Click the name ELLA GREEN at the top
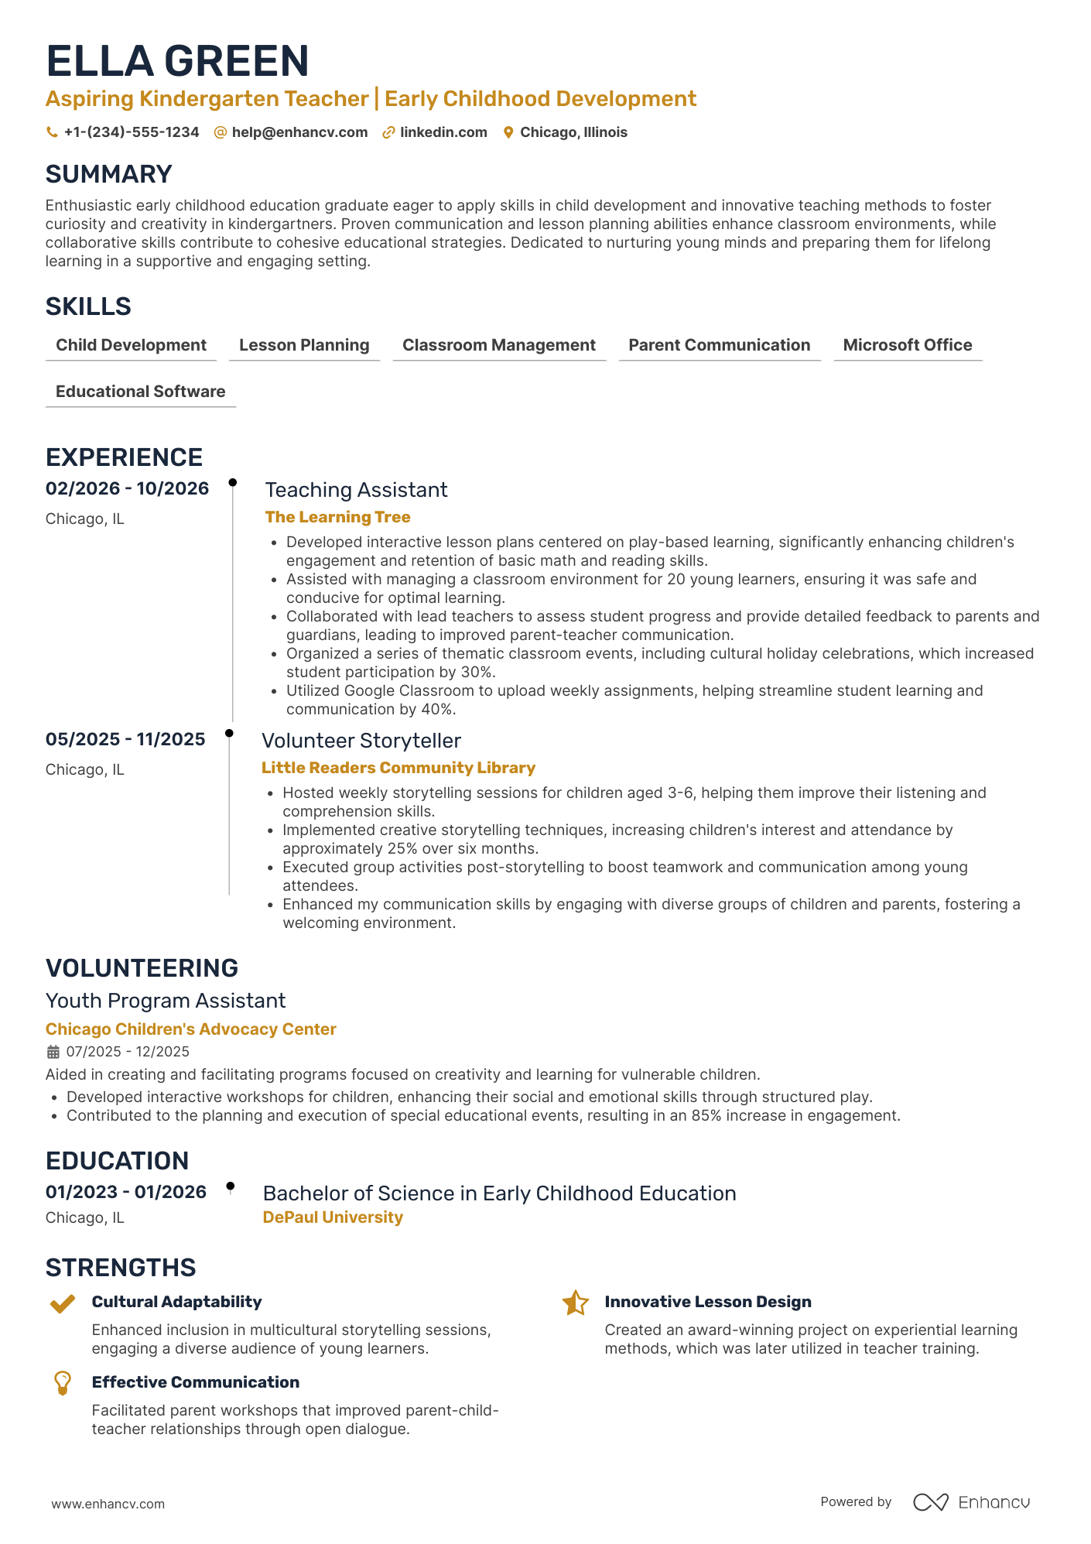coord(177,61)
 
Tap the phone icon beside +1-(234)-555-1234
coord(52,132)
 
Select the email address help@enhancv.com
coord(299,132)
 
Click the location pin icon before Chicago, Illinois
coord(508,132)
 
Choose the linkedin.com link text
coord(443,132)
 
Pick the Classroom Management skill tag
coord(498,345)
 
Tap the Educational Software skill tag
coord(140,392)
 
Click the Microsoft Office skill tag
coord(907,345)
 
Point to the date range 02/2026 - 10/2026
coord(127,488)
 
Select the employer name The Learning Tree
coord(337,517)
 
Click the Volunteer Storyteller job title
coord(361,741)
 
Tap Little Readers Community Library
coord(398,768)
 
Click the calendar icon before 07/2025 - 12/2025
coord(53,1052)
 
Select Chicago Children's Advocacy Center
coord(190,1029)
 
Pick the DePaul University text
coord(333,1217)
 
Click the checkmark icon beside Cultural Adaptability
coord(63,1304)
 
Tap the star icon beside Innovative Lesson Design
coord(575,1303)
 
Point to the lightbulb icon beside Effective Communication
coord(63,1383)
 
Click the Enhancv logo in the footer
coord(971,1502)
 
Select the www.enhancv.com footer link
coord(108,1504)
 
